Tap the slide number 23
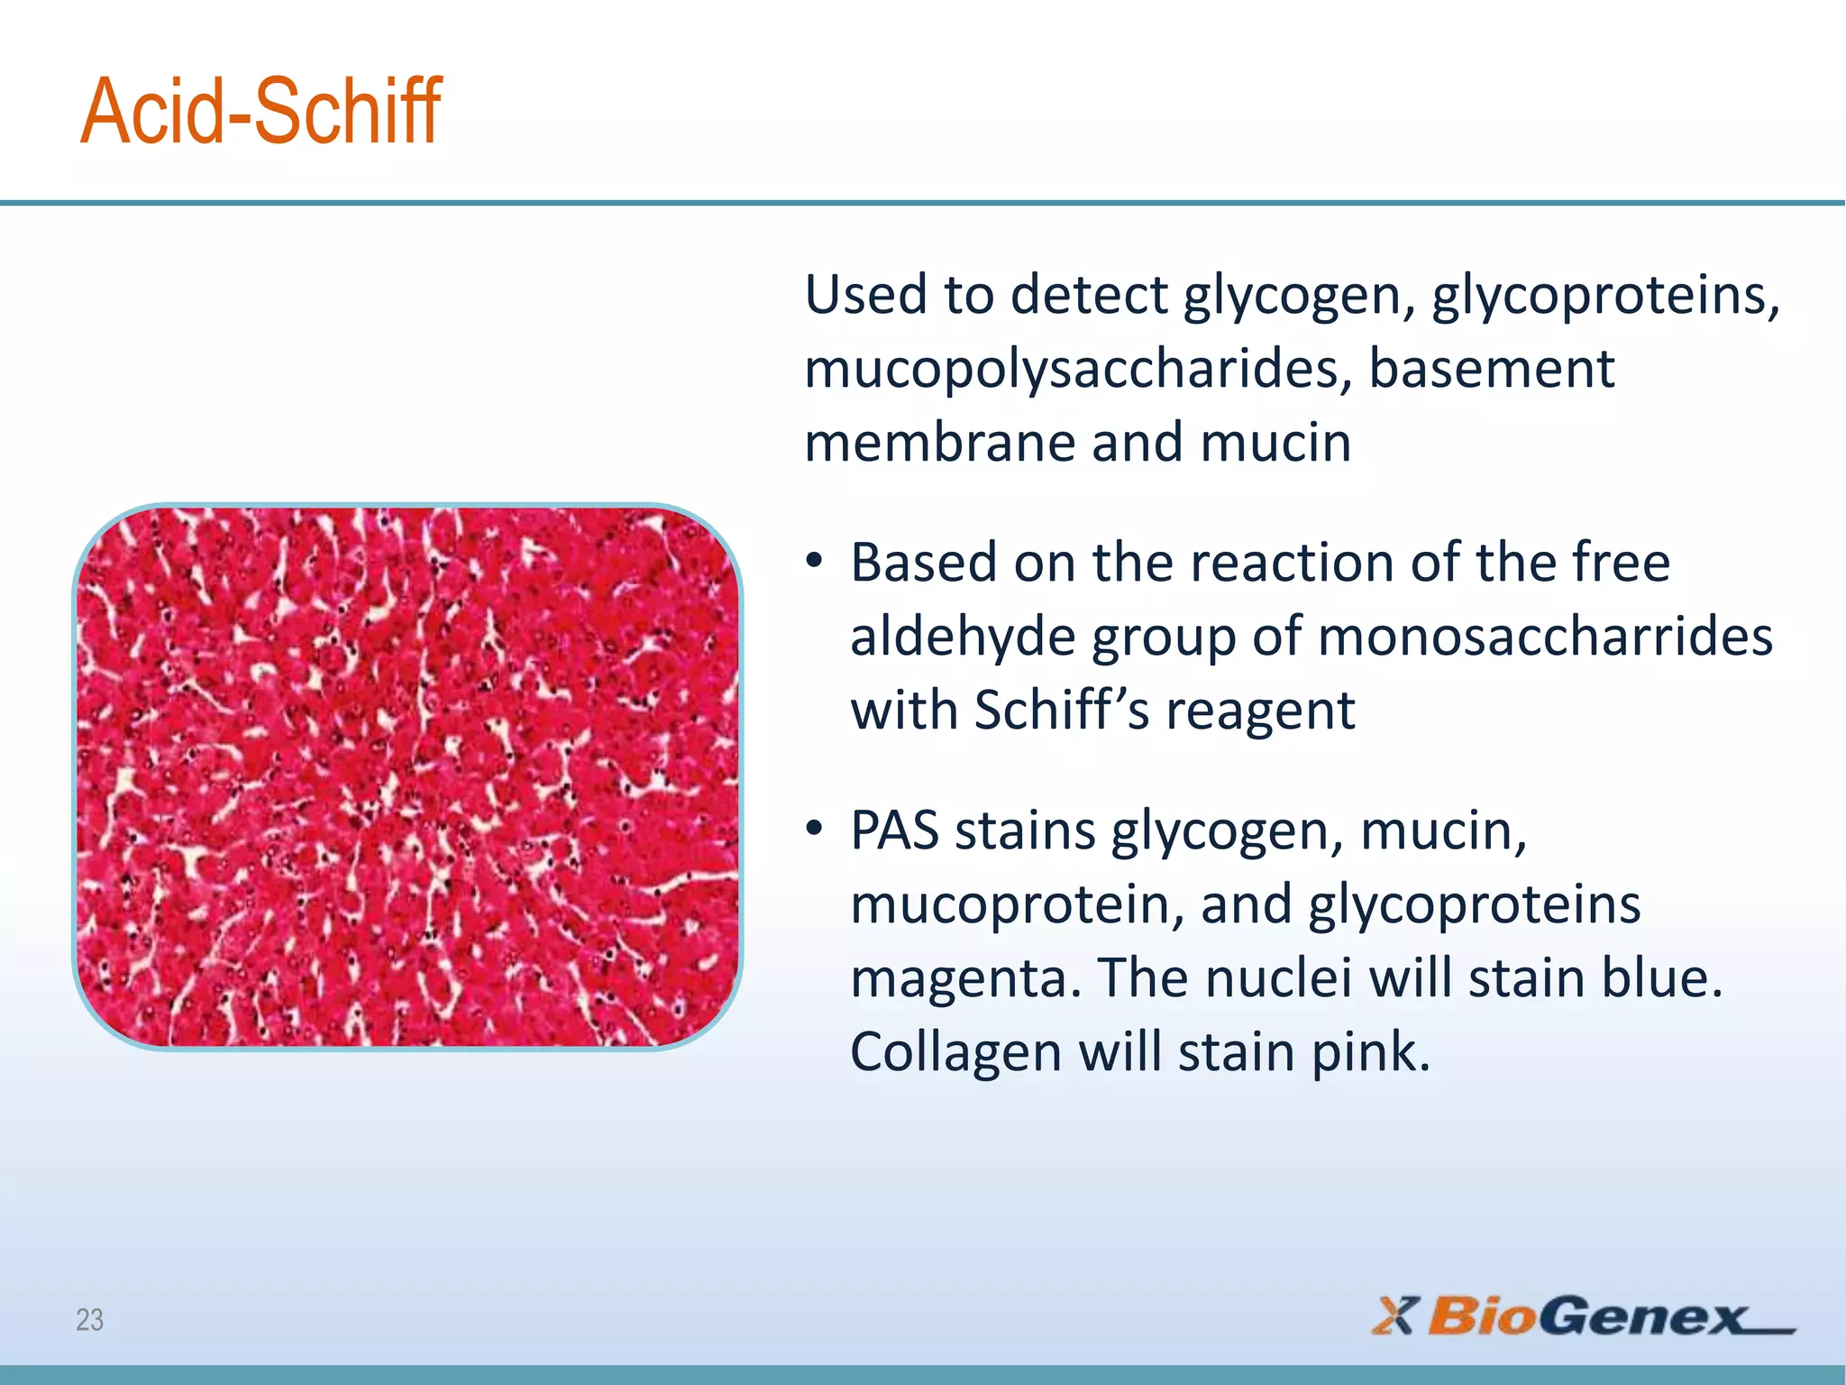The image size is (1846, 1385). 89,1320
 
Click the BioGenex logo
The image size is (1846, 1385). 1583,1316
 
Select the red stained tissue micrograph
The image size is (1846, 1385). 407,776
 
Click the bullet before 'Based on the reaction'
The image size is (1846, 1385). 815,561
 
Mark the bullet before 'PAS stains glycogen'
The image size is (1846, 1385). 815,828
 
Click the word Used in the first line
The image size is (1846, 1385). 865,295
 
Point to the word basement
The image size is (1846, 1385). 1492,369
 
